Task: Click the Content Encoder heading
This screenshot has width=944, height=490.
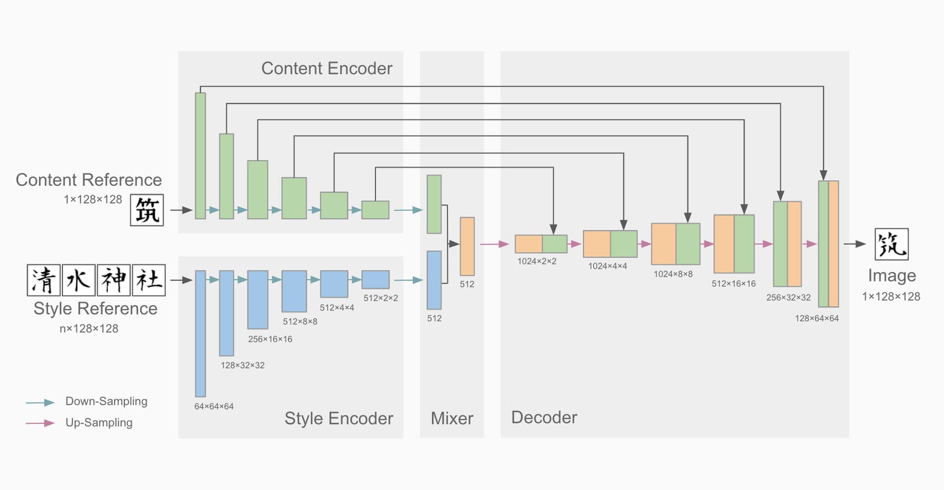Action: point(327,68)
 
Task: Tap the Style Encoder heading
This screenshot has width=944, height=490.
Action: point(339,419)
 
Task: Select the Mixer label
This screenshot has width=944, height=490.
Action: point(452,419)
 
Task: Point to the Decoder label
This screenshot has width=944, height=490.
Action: point(544,417)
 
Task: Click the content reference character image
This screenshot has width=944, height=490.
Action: point(147,210)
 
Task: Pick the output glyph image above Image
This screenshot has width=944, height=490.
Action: point(891,244)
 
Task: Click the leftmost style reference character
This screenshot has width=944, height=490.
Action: point(44,280)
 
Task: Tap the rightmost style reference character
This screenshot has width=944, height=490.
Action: point(149,280)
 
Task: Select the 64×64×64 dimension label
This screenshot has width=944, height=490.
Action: point(214,407)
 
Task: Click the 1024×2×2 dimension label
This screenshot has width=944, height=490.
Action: point(537,262)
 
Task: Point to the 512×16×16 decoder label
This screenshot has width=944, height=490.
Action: point(734,284)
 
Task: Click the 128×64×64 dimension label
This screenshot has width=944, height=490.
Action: point(817,318)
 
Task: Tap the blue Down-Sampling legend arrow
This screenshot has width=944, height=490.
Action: point(40,403)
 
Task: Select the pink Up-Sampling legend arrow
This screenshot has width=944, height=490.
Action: point(40,423)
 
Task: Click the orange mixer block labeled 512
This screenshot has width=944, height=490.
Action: point(467,246)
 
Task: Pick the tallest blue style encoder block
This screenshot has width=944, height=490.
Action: point(201,334)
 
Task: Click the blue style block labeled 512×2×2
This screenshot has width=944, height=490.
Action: point(375,280)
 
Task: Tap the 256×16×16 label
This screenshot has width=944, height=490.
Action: point(270,339)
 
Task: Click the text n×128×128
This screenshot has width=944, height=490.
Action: point(89,328)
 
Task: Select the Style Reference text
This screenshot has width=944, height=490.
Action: point(95,308)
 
